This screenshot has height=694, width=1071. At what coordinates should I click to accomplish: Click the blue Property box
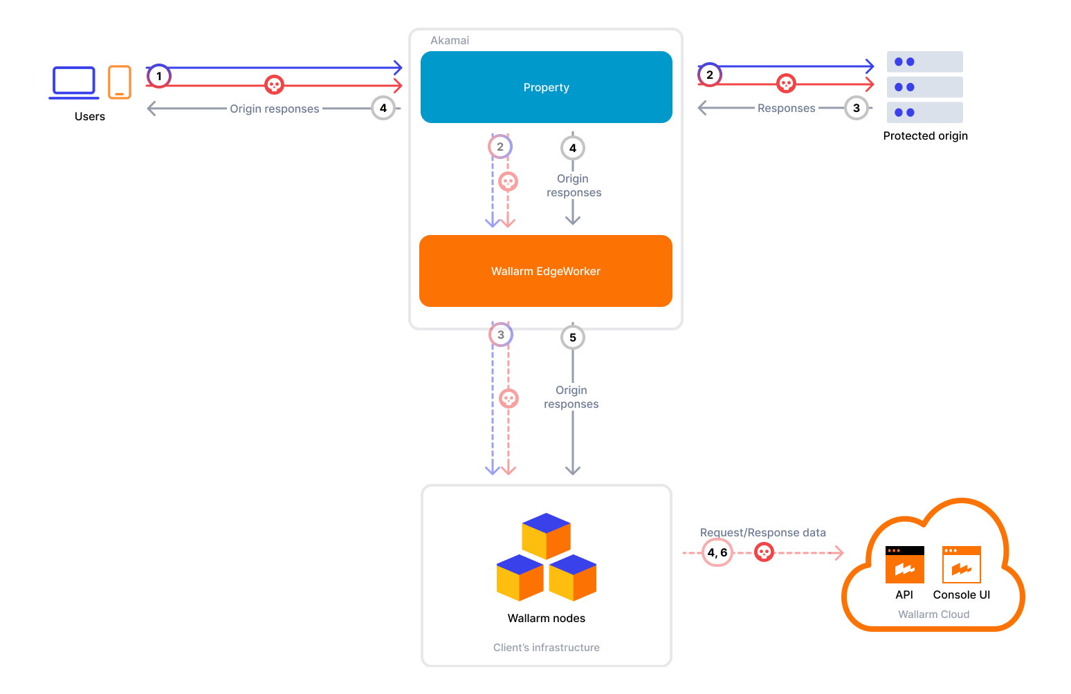tap(546, 87)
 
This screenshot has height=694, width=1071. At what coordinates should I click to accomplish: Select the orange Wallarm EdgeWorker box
tap(545, 271)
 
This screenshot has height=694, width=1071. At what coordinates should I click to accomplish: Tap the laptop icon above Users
tap(74, 82)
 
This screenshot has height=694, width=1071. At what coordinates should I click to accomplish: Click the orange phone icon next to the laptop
tap(120, 82)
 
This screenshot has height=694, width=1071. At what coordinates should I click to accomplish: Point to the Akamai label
tap(450, 40)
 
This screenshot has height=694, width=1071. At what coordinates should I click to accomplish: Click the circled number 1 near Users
tap(159, 76)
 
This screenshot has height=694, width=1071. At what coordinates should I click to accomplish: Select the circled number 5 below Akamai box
tap(573, 337)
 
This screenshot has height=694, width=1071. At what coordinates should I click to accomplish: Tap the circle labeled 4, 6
tap(717, 552)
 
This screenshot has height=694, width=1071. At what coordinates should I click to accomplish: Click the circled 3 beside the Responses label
tap(857, 108)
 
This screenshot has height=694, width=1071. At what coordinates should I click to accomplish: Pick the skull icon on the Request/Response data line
tap(764, 552)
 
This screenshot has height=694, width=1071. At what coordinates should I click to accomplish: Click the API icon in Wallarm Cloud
tap(904, 565)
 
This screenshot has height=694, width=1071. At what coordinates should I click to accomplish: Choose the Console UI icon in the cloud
tap(961, 565)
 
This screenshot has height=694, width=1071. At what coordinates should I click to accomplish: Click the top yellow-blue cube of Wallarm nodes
tap(547, 535)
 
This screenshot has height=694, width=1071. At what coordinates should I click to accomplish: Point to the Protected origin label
tap(925, 135)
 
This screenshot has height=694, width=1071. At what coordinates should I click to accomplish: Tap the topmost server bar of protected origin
tap(924, 62)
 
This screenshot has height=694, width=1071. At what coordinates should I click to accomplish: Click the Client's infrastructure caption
tap(546, 647)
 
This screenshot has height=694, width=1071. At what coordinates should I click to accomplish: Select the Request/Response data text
tap(762, 532)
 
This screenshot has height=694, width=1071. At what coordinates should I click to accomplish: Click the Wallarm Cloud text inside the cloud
tap(933, 614)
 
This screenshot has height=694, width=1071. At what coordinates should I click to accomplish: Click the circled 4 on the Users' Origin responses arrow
tap(383, 108)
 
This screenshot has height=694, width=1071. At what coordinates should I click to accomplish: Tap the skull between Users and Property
tap(275, 85)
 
